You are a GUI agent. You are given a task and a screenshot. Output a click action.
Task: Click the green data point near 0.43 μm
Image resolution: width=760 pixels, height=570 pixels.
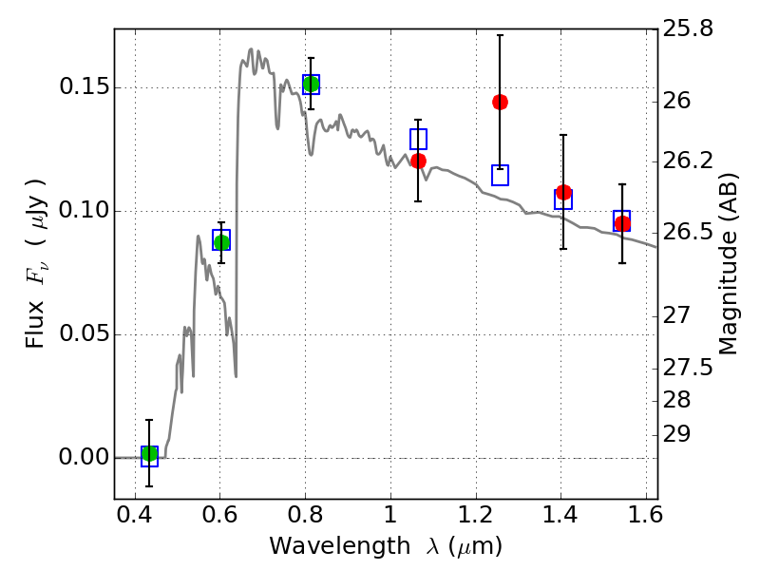click(x=149, y=454)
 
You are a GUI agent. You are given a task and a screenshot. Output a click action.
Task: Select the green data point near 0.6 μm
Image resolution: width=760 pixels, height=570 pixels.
click(x=221, y=242)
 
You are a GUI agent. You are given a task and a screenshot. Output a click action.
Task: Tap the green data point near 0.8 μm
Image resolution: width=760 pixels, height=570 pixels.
click(x=311, y=85)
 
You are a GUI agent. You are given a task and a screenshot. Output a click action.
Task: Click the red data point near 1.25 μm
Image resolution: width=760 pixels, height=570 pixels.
click(x=500, y=102)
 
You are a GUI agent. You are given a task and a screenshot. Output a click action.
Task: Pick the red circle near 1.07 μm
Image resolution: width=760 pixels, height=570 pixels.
click(x=418, y=161)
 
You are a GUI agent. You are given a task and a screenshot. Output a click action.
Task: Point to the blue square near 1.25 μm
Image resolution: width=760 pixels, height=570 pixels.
click(x=500, y=175)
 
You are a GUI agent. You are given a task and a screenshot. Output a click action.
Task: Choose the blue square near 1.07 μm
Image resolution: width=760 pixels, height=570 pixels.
click(x=418, y=139)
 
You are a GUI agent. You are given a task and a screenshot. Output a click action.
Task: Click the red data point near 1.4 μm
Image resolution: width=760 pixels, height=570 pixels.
click(x=563, y=193)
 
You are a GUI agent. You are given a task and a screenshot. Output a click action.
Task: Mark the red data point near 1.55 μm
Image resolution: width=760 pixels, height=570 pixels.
click(x=622, y=223)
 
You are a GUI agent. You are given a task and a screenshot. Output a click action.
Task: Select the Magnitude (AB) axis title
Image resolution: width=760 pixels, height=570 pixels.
click(x=729, y=263)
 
